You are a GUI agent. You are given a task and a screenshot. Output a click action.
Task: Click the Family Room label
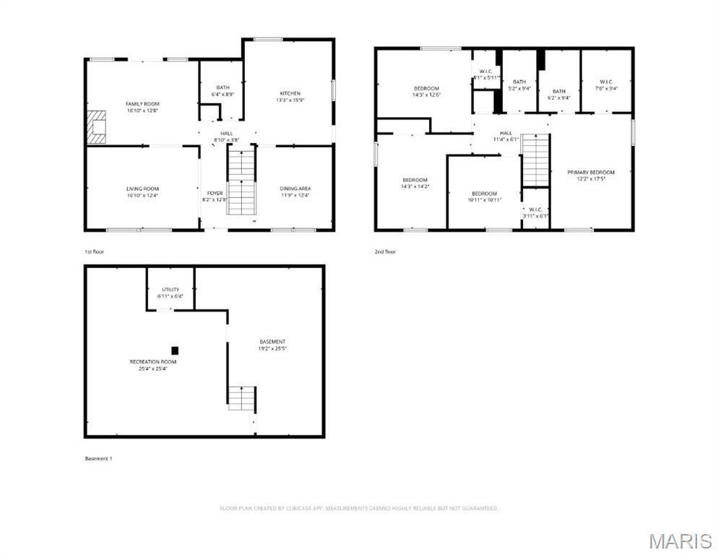tap(142, 104)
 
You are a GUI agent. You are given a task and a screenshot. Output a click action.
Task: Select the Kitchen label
tap(290, 93)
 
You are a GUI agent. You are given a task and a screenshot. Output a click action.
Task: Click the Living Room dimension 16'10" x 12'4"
tap(142, 195)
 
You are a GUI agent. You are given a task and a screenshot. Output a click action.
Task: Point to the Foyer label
tap(215, 193)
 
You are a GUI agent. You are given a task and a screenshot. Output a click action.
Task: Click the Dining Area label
tap(295, 189)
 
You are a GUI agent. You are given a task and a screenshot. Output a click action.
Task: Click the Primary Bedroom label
tap(590, 172)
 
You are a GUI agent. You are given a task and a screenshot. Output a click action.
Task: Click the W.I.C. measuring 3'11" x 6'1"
tap(535, 212)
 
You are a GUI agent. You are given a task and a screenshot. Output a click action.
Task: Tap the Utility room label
tap(170, 289)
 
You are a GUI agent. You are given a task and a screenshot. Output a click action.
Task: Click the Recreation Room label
tap(153, 361)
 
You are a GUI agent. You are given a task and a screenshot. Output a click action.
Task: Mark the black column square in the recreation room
tap(174, 350)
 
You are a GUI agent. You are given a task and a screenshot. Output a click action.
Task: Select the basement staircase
tap(242, 398)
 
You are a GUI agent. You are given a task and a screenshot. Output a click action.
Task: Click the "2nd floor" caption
tap(385, 251)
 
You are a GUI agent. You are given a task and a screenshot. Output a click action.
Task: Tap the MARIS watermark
tap(680, 541)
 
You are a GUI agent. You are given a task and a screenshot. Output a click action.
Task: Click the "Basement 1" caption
tap(99, 458)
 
